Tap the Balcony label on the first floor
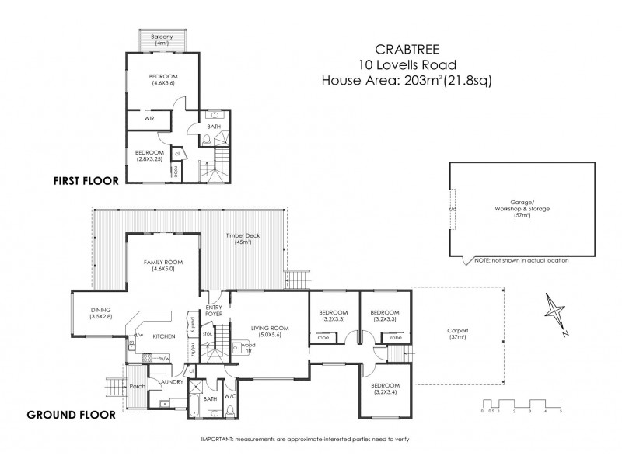point(162,37)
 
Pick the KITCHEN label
point(162,336)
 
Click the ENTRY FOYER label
point(215,311)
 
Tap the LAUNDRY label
point(169,382)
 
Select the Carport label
point(457,332)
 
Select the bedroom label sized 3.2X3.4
point(384,388)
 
